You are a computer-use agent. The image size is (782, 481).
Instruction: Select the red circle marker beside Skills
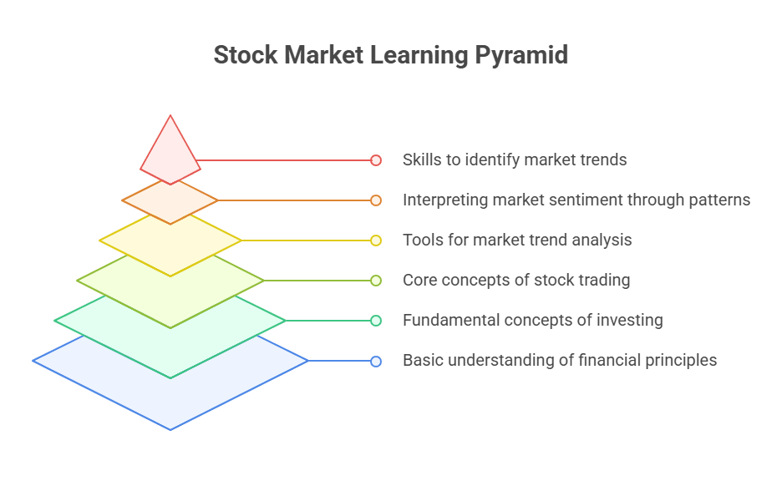pos(376,159)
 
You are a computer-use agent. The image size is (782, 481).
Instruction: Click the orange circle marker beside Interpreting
pos(376,200)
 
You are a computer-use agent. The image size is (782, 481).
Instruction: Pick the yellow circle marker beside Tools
pos(376,240)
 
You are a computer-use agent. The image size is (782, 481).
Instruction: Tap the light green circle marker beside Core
pos(376,281)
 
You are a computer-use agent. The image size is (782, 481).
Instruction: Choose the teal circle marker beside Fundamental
pos(376,321)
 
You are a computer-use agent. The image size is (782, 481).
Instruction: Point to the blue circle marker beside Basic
pos(376,361)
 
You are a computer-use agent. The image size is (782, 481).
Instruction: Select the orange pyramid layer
pos(170,201)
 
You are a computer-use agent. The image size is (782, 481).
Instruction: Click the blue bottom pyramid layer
pos(170,392)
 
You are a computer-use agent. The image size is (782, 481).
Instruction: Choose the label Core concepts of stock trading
pos(516,281)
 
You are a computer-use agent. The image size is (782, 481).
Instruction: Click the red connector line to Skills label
pos(284,159)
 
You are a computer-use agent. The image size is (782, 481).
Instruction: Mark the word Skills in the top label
pos(422,159)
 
